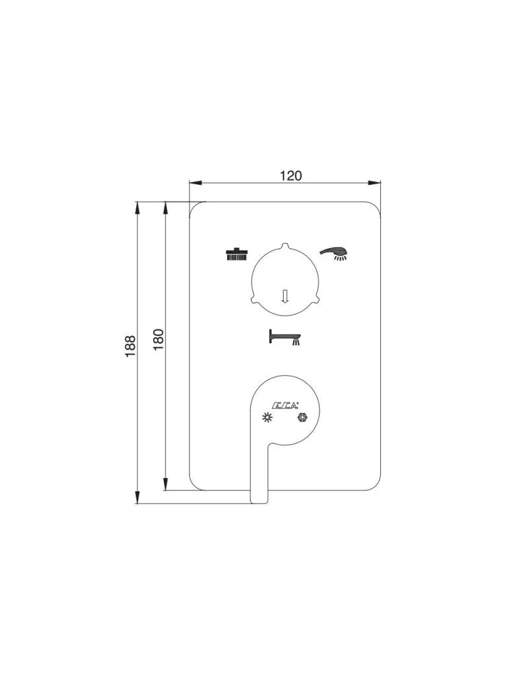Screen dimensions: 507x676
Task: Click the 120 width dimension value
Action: [x=291, y=176]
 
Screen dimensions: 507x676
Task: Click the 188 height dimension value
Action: [x=131, y=346]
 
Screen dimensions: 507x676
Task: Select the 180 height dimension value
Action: [x=158, y=339]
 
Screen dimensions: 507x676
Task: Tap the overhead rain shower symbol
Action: [x=237, y=254]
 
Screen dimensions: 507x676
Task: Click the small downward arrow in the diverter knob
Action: [x=284, y=296]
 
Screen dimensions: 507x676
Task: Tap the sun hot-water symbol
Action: [x=268, y=417]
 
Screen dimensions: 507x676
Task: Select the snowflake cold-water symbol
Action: [x=302, y=417]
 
